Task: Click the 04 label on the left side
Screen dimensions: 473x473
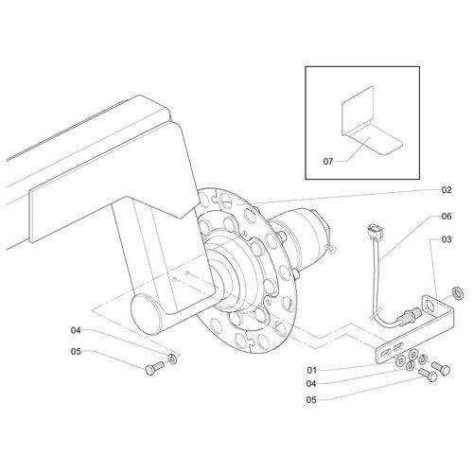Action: pos(76,330)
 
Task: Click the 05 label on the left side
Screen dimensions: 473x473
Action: pos(76,352)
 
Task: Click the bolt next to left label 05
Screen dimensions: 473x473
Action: pos(151,370)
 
